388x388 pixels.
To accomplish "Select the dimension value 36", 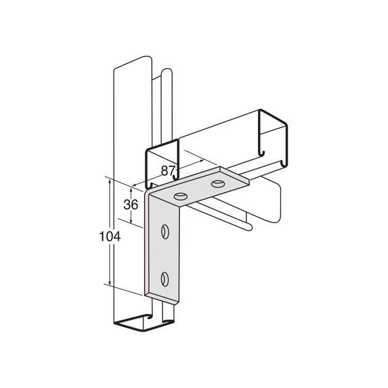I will coord(130,204).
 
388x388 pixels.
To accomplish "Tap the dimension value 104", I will coord(111,236).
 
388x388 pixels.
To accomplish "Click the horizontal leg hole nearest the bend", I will coord(180,196).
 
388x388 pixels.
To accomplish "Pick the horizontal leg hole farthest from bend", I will coord(219,184).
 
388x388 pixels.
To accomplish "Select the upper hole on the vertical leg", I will coord(164,232).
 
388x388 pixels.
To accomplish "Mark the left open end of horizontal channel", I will coord(161,165).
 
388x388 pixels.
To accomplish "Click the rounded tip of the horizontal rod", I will coord(249,227).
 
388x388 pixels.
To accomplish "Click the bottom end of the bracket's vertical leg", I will coord(161,299).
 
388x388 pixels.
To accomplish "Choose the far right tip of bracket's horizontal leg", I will coord(249,180).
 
